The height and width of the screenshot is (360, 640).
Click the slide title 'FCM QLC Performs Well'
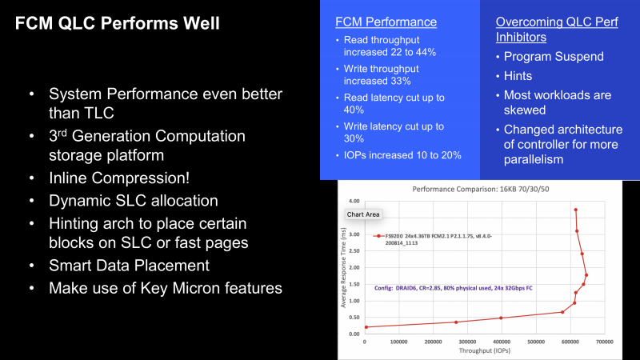[x=117, y=23]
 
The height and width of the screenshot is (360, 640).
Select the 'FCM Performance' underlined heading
[x=386, y=22]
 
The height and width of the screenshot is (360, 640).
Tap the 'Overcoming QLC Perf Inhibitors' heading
[x=557, y=30]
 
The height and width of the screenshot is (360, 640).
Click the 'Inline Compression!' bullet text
[x=119, y=178]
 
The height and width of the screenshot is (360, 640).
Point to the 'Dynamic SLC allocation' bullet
[x=134, y=201]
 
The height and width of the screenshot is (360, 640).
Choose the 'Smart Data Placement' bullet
[x=129, y=266]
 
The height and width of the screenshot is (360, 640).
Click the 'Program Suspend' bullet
[x=554, y=56]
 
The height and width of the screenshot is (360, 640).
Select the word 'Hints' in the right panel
[x=518, y=76]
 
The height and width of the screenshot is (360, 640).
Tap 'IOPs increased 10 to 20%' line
[x=402, y=155]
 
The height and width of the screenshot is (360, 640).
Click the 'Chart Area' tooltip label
[x=363, y=214]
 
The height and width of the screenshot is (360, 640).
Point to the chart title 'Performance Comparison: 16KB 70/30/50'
[x=481, y=189]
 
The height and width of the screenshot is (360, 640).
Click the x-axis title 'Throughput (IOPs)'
[x=485, y=350]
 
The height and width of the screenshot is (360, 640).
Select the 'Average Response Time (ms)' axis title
[x=343, y=268]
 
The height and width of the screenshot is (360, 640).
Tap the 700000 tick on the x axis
[x=605, y=342]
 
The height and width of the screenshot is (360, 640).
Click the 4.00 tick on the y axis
[x=354, y=201]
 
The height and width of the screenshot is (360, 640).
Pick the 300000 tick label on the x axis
[x=467, y=342]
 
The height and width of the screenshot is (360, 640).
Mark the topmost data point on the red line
[x=575, y=210]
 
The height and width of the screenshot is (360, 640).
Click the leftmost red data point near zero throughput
[x=366, y=327]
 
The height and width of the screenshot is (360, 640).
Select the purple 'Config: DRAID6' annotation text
[x=454, y=288]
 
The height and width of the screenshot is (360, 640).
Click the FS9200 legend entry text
[x=438, y=239]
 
